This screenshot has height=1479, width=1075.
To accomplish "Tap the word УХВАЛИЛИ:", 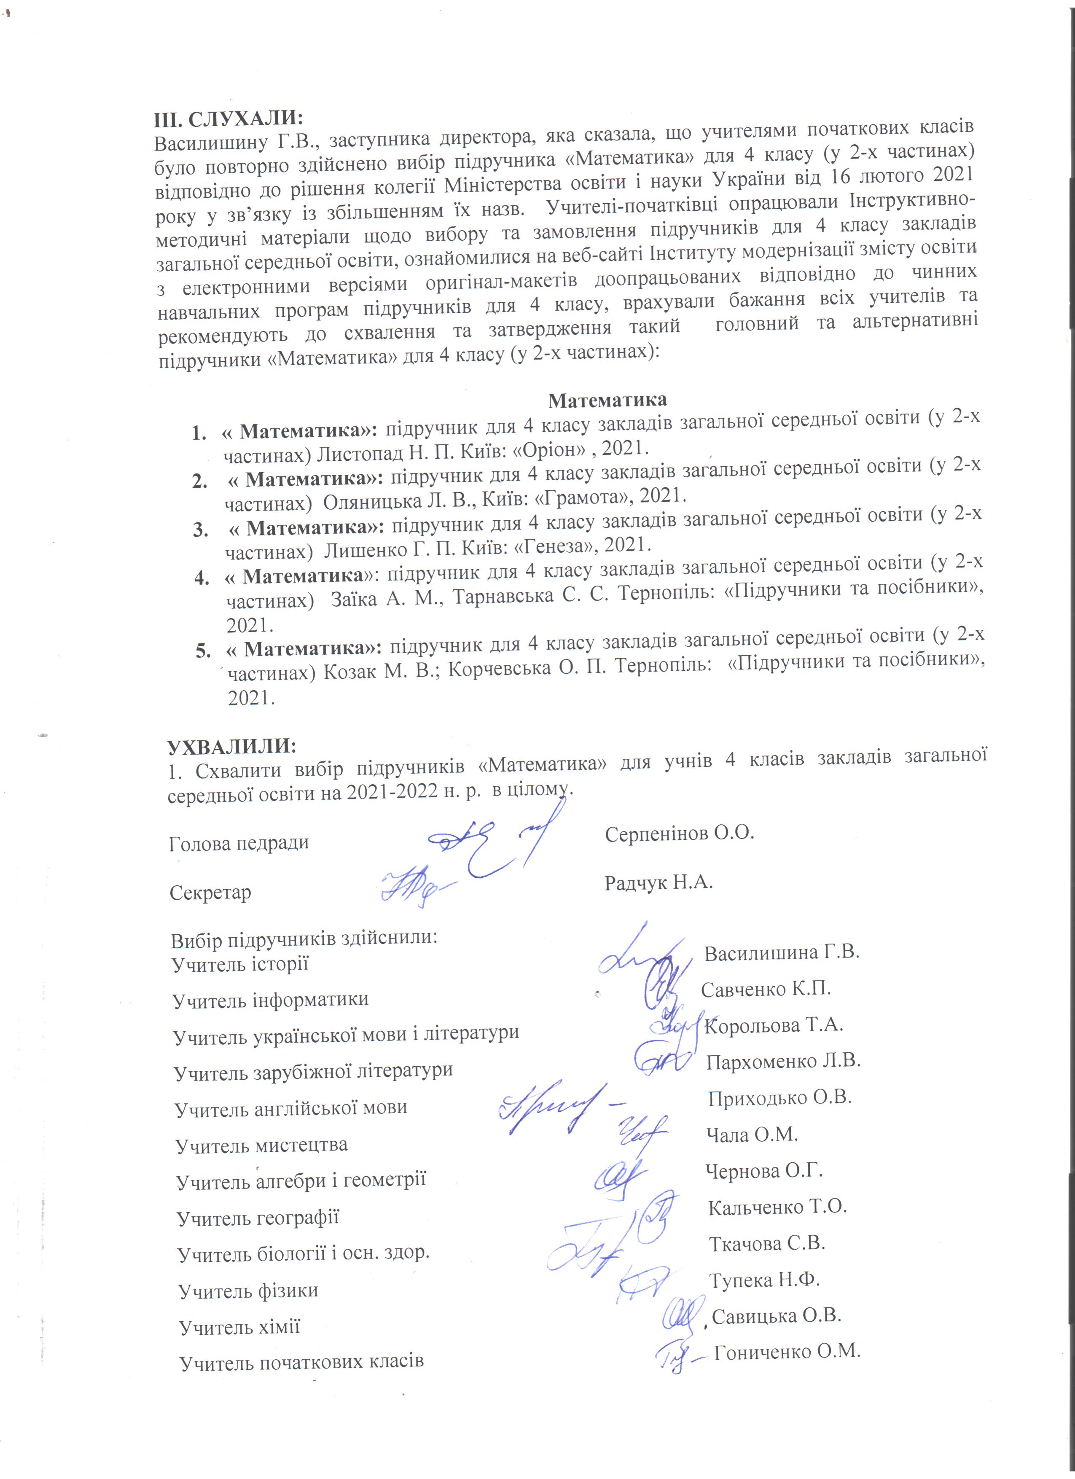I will [232, 746].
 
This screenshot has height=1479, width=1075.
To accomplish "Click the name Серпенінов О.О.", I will [679, 834].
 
